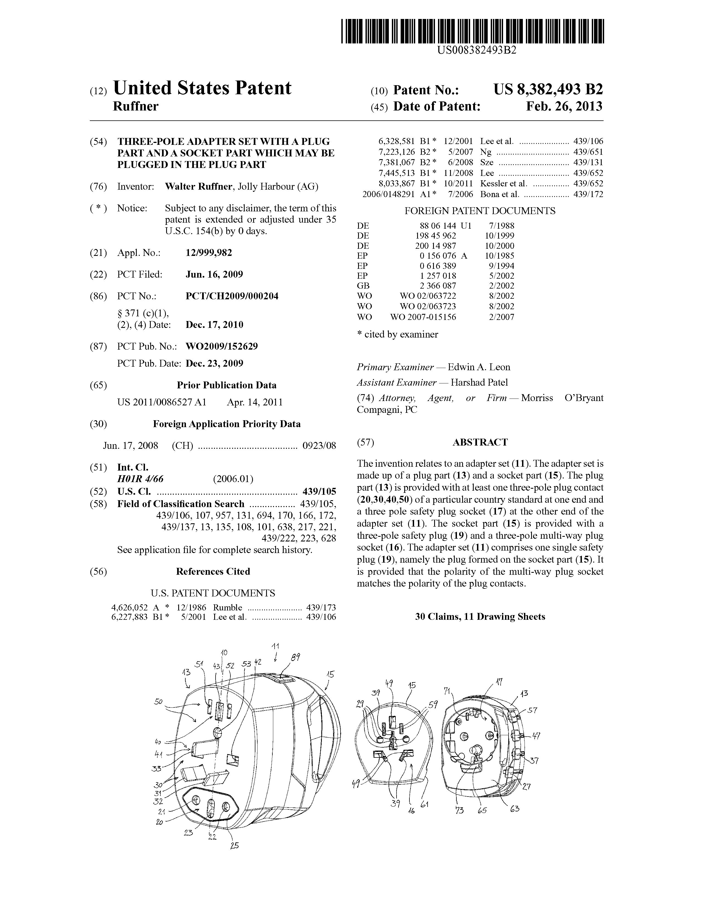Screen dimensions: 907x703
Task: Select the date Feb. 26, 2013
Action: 564,107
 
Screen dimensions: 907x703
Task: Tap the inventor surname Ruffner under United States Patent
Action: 135,107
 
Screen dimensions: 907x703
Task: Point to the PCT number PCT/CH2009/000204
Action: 232,296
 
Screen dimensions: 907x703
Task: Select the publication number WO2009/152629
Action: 222,346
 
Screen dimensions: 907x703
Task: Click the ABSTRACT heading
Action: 480,442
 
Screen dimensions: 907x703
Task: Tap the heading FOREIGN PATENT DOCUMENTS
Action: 480,211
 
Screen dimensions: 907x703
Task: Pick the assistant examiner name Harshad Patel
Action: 479,383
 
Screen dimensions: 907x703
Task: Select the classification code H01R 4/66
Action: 140,479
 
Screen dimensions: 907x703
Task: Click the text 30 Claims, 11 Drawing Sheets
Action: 480,617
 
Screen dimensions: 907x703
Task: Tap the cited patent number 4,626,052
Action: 129,607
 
